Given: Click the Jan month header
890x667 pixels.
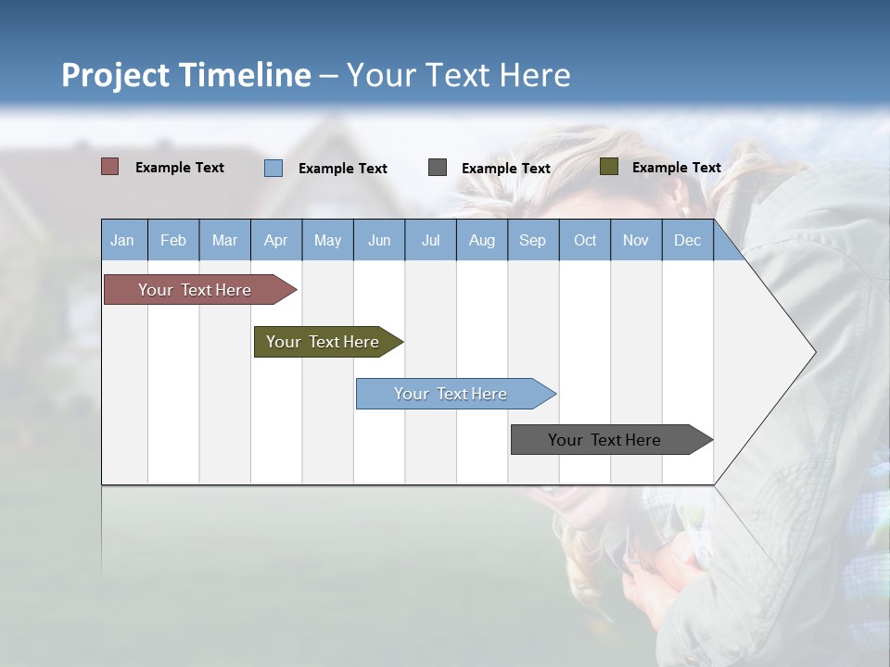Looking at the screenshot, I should click(122, 240).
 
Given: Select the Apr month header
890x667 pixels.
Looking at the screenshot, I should click(275, 240).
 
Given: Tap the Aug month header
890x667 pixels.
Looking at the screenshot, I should click(481, 240).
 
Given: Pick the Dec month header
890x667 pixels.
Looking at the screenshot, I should click(687, 240).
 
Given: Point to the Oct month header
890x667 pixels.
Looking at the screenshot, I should click(585, 240).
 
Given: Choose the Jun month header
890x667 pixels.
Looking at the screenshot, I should click(378, 240).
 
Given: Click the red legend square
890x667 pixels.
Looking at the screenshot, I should click(109, 167).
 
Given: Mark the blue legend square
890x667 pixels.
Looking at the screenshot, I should click(273, 168).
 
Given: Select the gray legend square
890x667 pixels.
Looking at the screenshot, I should click(438, 168).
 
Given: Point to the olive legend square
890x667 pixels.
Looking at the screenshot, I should click(608, 167).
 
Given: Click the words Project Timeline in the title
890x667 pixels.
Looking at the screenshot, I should click(186, 75).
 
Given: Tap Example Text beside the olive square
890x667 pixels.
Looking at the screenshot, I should click(676, 168).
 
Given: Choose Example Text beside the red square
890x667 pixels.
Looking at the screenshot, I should click(179, 168).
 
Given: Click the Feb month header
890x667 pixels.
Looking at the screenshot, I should click(173, 240).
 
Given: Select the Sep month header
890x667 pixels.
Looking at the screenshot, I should click(532, 240).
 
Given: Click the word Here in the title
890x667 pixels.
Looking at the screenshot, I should click(535, 75).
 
